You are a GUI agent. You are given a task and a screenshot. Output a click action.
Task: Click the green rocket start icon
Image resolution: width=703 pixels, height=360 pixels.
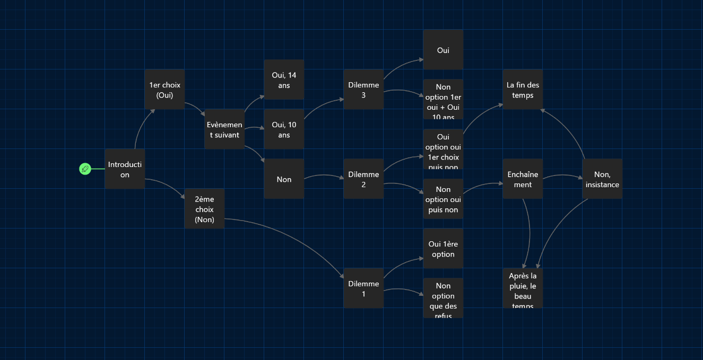pos(85,169)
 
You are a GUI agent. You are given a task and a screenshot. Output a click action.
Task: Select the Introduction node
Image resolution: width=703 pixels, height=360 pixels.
pos(125,169)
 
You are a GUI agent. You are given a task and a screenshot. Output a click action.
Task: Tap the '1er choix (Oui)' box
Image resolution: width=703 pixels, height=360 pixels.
pos(164,90)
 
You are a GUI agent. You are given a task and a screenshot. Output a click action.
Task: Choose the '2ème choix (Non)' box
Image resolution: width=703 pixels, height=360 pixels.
pos(204,209)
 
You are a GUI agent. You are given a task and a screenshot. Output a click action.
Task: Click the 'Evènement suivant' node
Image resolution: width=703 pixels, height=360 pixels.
pos(224,129)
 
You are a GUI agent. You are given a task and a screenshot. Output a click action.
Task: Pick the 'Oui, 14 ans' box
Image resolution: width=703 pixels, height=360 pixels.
pos(284,80)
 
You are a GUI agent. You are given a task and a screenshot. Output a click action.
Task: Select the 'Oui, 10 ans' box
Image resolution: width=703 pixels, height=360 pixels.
pos(284,129)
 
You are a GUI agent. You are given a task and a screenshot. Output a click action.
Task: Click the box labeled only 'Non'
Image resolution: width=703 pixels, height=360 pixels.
pos(284,179)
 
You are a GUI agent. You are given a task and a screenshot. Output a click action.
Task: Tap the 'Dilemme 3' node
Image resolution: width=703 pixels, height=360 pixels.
pos(363,90)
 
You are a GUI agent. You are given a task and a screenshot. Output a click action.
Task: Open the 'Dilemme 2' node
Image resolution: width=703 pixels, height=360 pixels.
pos(363,179)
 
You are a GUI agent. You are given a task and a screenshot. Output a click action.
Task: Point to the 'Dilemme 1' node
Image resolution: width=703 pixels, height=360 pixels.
pos(363,288)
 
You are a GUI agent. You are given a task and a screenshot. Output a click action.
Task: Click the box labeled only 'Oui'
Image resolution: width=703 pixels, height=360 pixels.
pos(443,50)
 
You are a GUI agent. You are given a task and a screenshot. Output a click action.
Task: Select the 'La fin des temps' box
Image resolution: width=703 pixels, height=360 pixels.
pos(523,90)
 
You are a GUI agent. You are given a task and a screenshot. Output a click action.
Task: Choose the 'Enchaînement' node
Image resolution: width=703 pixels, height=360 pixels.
pos(523,179)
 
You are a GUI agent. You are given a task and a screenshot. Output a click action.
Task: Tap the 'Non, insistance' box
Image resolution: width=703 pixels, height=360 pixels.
pos(602,179)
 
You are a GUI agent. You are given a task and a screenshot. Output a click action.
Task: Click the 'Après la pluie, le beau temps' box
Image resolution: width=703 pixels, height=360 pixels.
pos(523,288)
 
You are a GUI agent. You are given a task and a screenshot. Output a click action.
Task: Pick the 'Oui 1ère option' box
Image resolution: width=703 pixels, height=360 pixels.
pos(443,249)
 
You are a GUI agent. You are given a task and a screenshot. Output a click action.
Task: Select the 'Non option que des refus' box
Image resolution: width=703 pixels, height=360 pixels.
pos(443,298)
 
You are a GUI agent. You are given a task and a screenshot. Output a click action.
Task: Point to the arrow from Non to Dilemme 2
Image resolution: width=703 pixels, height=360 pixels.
pos(324,175)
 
